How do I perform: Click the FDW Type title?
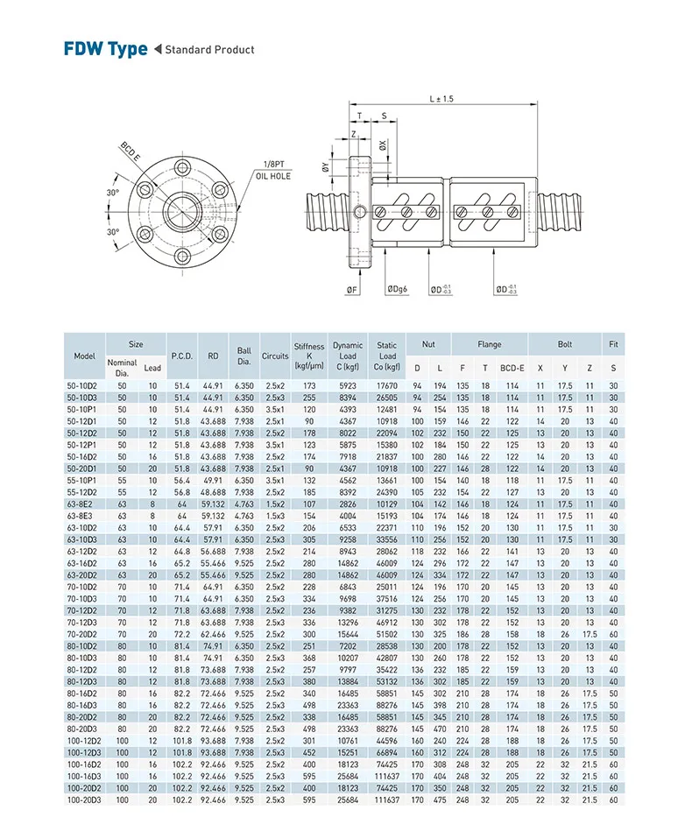pos(105,48)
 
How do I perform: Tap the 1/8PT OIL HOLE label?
pos(272,170)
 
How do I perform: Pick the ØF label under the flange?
pos(350,288)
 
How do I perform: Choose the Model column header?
pos(85,356)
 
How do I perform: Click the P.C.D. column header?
pos(181,356)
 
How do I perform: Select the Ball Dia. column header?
pos(244,356)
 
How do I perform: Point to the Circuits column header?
pos(275,356)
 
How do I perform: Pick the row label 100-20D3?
pos(85,799)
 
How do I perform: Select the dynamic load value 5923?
pos(347,384)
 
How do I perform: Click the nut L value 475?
pos(440,799)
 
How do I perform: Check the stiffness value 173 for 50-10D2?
pos(309,384)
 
